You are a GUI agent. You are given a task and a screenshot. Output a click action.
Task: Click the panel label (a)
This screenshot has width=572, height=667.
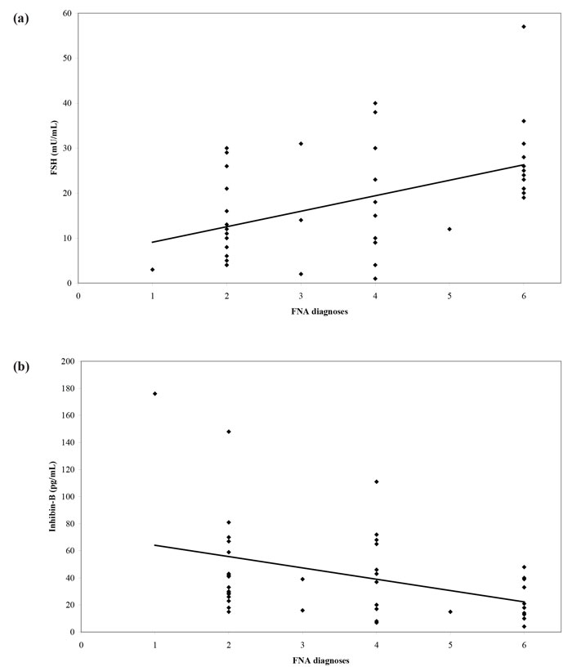(20, 18)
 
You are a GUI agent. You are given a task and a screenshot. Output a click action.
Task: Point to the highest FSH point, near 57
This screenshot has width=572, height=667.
(524, 27)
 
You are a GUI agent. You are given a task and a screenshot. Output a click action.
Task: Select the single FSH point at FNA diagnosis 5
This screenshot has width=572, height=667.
(449, 229)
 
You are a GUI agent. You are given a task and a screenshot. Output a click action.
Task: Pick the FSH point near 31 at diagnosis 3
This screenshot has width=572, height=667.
(301, 144)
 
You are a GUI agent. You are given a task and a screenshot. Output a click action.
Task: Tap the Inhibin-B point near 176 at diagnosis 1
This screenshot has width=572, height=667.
(154, 394)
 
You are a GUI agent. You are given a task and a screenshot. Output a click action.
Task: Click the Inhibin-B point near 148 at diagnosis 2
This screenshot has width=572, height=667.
(229, 432)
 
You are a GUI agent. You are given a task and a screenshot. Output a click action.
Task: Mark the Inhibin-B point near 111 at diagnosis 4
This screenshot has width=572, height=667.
(376, 481)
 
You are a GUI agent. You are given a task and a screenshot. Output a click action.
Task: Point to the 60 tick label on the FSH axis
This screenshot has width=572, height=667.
(67, 14)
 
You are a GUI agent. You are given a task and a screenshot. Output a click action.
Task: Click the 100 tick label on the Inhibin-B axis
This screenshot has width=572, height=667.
(65, 496)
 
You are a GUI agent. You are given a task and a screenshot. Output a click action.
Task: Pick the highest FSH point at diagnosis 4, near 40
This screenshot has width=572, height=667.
(375, 103)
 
